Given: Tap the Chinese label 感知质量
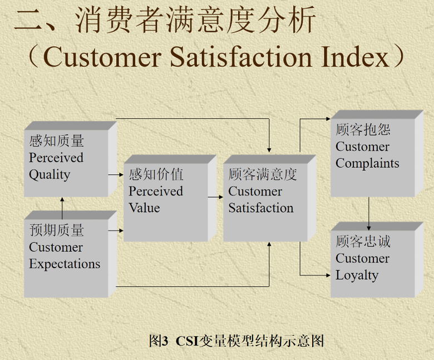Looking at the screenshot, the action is pos(56,141).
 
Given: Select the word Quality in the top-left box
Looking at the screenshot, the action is pos(50,175).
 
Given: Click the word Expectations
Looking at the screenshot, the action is pos(65,264).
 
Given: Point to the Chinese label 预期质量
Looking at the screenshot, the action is pos(56,230).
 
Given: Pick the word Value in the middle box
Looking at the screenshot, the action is pos(144,208).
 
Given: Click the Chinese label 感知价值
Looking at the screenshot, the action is pos(156,175).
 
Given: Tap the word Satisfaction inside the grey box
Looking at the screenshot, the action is pos(261,208).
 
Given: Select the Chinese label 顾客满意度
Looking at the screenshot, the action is pos(263,175).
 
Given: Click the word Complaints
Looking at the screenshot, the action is pos(367,164).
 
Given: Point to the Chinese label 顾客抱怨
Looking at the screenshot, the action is pos(363,130).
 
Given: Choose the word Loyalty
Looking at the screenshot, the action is pos(357,275).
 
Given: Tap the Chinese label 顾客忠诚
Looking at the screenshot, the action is pos(363,241).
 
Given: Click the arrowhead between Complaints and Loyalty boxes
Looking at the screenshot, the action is pos(369,228).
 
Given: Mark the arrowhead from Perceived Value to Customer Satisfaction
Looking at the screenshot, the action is pos(220,197).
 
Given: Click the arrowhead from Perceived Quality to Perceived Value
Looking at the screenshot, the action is pos(121,175).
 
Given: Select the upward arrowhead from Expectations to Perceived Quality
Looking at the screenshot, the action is pos(62,199).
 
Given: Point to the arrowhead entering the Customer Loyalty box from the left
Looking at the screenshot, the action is pos(328,275).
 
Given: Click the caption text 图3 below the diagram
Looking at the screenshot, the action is pos(159,341).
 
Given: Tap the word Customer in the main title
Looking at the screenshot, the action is pos(102,57).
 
